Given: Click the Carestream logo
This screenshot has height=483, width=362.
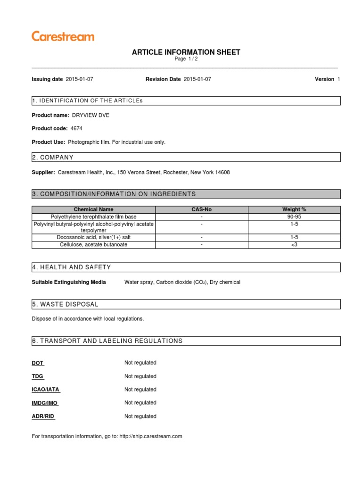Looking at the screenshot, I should [x=63, y=36].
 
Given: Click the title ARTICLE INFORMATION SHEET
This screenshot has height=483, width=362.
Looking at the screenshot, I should [x=186, y=52].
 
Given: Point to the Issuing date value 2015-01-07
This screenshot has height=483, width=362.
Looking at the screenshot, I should [x=80, y=79].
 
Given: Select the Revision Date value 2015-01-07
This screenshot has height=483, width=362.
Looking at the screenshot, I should [x=197, y=79].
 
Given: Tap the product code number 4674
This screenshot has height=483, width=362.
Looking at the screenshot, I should [x=76, y=128].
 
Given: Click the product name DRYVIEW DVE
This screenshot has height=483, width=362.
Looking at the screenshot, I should [x=90, y=115].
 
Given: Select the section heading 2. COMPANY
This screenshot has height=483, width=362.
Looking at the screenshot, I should [x=53, y=157].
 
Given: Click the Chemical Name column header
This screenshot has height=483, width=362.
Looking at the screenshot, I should [x=93, y=209].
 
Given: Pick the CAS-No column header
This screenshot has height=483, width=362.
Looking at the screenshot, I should [x=201, y=209].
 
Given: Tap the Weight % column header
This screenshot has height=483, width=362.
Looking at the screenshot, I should [x=294, y=209].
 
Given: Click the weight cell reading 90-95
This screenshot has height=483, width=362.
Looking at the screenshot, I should [x=294, y=217].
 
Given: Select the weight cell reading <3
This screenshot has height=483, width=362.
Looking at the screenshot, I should [x=294, y=245].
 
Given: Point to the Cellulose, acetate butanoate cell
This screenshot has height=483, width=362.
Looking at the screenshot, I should [x=93, y=245].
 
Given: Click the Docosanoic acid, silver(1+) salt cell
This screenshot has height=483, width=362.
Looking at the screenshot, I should [x=93, y=238].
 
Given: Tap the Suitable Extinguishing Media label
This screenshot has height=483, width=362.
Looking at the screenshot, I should [x=69, y=282].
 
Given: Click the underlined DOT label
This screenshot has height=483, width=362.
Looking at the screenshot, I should [x=38, y=363].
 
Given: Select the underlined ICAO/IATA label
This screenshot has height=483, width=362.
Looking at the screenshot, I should [x=46, y=390].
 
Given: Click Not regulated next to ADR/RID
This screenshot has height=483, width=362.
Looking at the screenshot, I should [x=140, y=416].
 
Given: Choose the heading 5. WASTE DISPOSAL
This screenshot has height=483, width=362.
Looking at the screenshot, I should [x=65, y=304].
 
